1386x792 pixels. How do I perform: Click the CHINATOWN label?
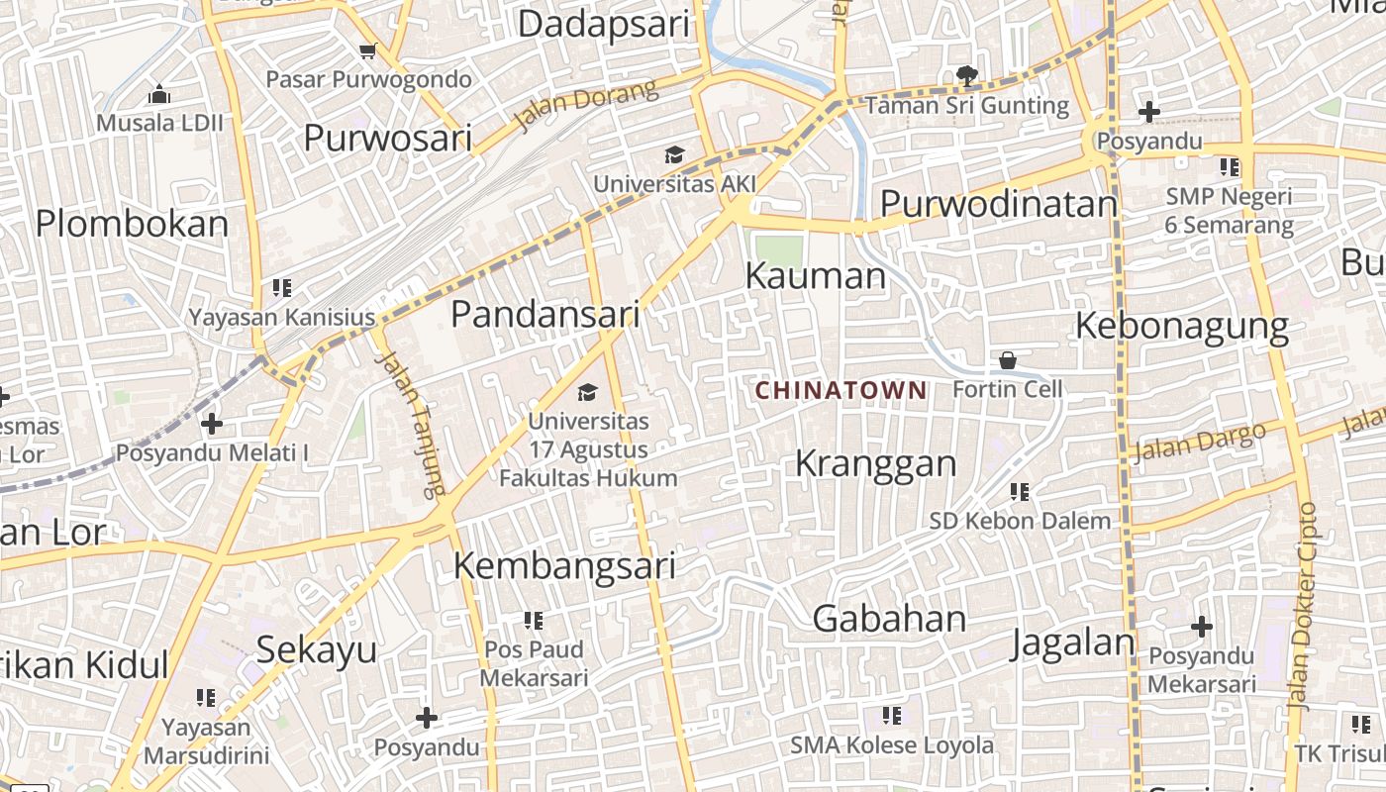(x=841, y=390)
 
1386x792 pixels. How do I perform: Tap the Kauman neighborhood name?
(x=815, y=276)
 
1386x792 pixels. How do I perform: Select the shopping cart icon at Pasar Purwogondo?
(x=368, y=50)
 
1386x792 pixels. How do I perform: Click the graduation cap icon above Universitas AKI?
(x=674, y=154)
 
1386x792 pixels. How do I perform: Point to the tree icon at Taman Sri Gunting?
(x=965, y=75)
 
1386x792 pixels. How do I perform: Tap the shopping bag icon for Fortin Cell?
(x=1007, y=359)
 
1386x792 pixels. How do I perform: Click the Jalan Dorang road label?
(x=585, y=106)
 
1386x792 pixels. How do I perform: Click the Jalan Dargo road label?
(x=1199, y=442)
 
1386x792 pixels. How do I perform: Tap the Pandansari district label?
(x=545, y=315)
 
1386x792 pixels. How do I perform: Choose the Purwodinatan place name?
(x=998, y=204)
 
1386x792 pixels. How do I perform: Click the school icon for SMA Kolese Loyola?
(x=891, y=715)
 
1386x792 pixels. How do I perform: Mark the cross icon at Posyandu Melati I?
(x=211, y=424)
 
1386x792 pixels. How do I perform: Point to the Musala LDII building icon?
(x=158, y=95)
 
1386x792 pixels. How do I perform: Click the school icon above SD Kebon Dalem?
(x=1019, y=491)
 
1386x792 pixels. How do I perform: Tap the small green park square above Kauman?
(x=777, y=248)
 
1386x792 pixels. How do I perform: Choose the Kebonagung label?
(x=1181, y=326)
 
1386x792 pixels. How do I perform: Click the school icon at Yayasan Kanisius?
(x=281, y=288)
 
